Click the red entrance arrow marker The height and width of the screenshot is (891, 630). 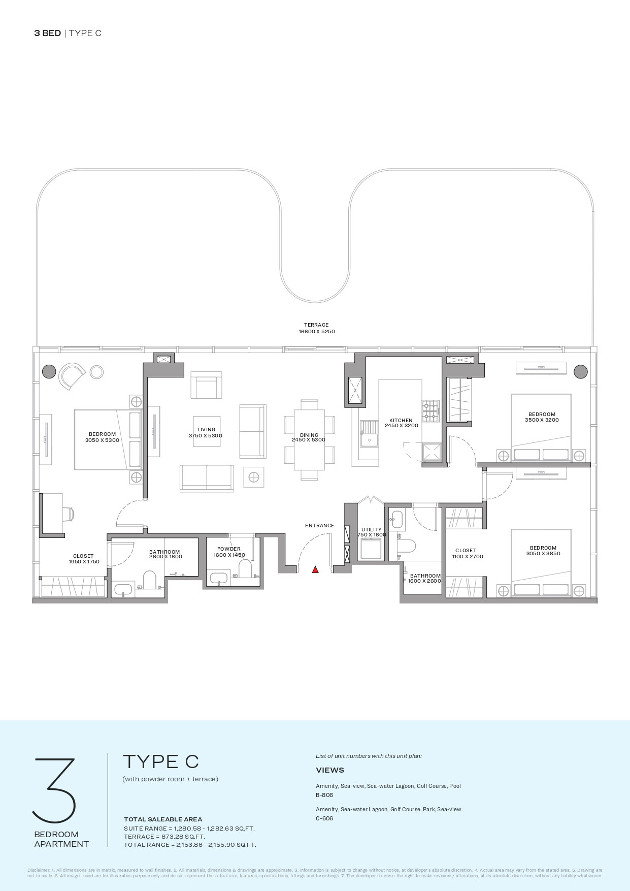(x=315, y=569)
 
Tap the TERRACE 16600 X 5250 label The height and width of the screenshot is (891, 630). (x=316, y=328)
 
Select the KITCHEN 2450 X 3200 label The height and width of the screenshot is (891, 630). (x=401, y=423)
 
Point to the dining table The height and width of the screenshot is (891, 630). (x=309, y=440)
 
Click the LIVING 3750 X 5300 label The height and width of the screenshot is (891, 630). (x=206, y=433)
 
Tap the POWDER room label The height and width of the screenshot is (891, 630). (x=229, y=552)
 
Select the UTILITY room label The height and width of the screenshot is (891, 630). (x=372, y=532)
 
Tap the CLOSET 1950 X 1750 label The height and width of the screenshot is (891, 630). (x=83, y=559)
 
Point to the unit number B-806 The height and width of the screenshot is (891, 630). (x=324, y=795)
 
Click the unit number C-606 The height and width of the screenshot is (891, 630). (x=324, y=818)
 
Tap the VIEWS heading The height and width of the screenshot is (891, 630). (x=330, y=770)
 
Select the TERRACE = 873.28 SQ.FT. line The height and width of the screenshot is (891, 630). (x=164, y=837)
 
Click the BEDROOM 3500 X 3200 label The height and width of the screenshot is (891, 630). (x=542, y=417)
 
